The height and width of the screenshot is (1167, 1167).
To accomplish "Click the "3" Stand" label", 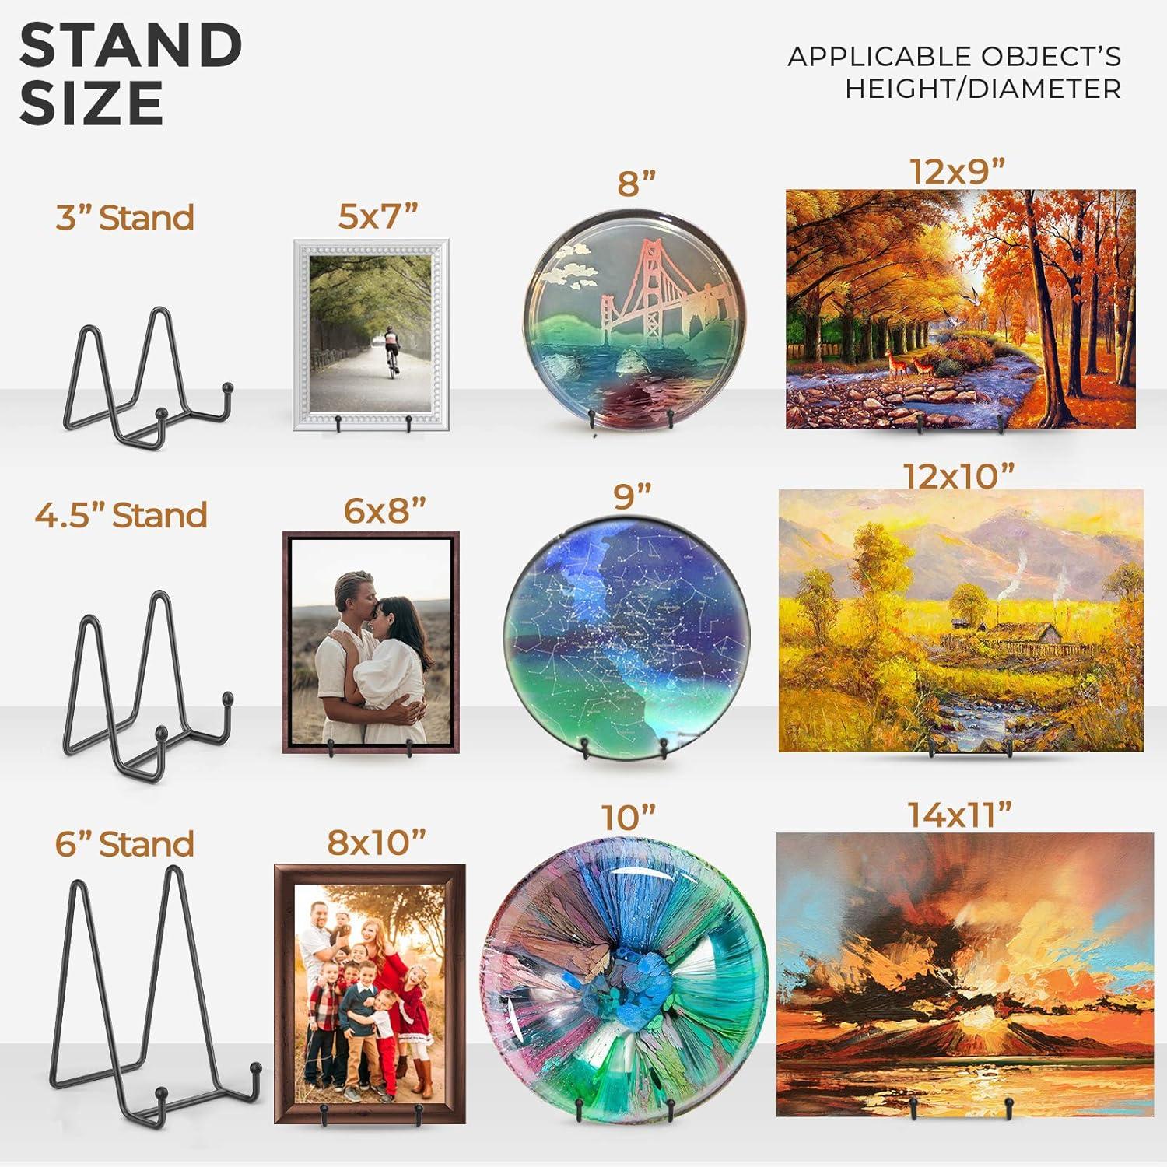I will click(x=124, y=218).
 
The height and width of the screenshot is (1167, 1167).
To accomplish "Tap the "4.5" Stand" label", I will click(x=121, y=515).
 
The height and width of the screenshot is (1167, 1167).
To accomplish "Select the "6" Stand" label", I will click(x=124, y=844).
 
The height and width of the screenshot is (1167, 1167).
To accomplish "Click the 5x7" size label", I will click(x=378, y=216).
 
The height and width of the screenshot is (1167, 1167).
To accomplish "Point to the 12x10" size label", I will click(x=958, y=476).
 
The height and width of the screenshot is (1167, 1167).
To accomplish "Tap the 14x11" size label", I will click(x=959, y=815).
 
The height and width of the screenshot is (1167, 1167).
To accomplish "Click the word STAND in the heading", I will click(x=131, y=45).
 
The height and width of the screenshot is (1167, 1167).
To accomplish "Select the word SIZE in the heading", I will click(x=92, y=103).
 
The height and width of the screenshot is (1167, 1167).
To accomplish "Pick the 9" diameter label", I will click(x=632, y=496).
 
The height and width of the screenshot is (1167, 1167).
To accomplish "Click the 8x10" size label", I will click(x=377, y=842).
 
